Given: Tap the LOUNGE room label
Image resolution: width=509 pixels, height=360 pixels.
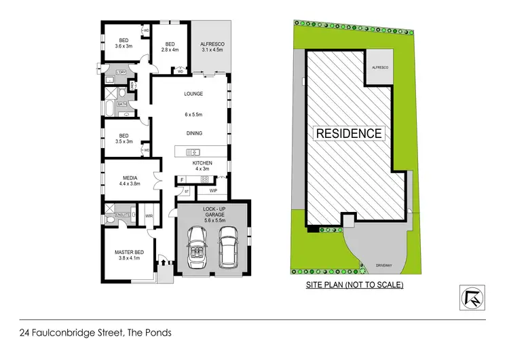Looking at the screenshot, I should [x=194, y=94].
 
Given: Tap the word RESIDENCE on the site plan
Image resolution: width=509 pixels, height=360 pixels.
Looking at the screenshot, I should [x=349, y=133].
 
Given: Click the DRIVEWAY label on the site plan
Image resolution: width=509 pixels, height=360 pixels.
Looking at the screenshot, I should [x=371, y=264].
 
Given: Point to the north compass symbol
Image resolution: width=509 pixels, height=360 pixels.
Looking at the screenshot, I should [x=470, y=297].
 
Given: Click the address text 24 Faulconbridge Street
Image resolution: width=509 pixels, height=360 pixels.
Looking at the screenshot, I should [x=94, y=333].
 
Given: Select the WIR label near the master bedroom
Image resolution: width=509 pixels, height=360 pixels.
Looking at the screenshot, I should [x=149, y=217].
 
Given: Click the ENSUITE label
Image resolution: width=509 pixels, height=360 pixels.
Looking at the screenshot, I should [x=123, y=215].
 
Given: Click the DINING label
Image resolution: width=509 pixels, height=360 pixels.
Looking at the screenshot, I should [x=194, y=133].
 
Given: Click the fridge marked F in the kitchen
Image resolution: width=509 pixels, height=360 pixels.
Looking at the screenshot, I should [x=183, y=179].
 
